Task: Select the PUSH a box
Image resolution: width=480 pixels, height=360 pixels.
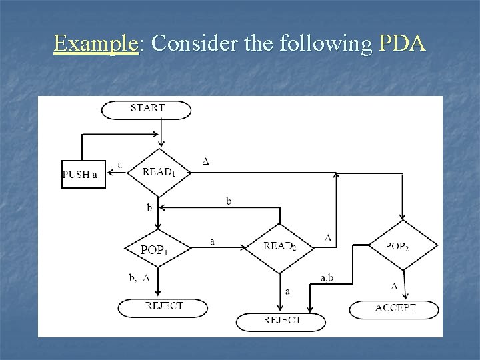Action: coord(83,175)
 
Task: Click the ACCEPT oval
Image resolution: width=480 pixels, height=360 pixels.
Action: coord(395,308)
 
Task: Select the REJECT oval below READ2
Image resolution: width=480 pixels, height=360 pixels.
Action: coord(281,321)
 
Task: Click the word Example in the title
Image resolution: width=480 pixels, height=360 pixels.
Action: coord(96,44)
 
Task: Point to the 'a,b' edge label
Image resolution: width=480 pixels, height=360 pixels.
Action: coord(327,278)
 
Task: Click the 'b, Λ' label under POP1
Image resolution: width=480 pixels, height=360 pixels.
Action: coord(139,277)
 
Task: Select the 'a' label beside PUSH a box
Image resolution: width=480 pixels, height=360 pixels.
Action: coord(119,164)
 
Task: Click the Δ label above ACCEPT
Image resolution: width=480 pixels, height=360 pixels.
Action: coord(393,286)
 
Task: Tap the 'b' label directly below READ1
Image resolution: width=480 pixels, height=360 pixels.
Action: coord(149,207)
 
